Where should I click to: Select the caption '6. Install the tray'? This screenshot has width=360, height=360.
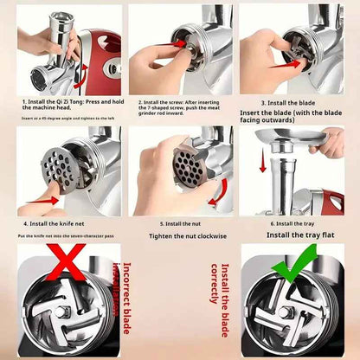pos(295,223)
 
